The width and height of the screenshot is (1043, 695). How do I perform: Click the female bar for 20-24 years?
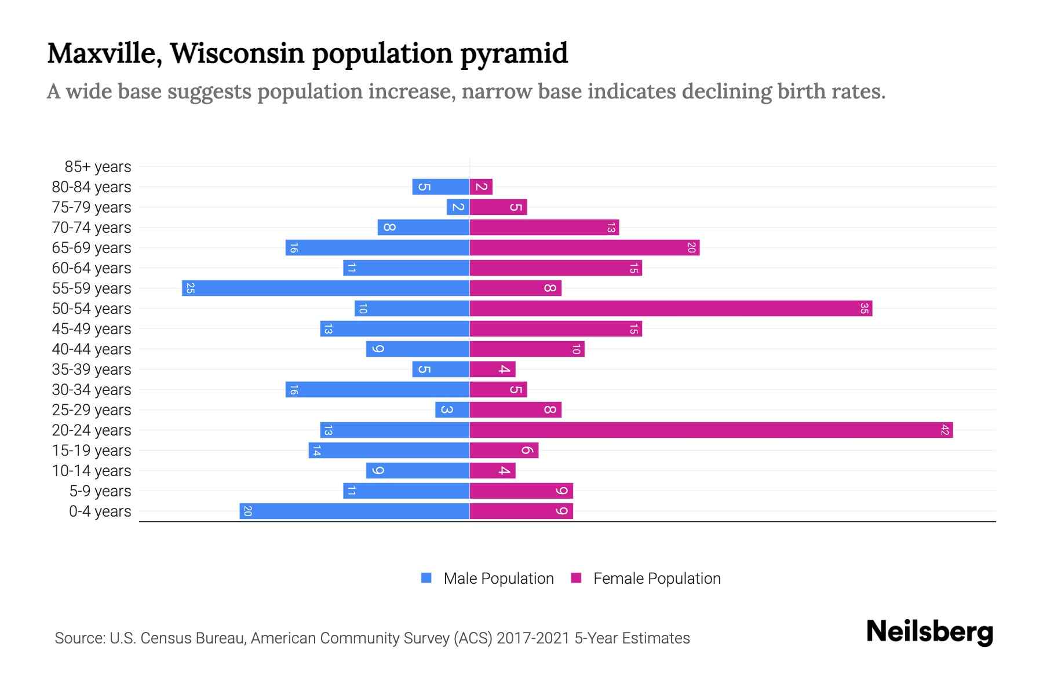tap(711, 430)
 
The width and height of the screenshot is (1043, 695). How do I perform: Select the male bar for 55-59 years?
tap(326, 288)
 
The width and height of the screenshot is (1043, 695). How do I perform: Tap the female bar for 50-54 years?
tap(670, 308)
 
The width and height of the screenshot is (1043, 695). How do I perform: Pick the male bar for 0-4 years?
tap(355, 511)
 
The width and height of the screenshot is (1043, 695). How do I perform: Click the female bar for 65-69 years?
tap(584, 247)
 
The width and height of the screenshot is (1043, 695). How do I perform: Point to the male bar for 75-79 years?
tap(458, 207)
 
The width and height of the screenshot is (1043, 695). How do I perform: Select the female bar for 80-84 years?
tap(481, 186)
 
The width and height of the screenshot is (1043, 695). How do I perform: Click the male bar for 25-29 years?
tap(452, 409)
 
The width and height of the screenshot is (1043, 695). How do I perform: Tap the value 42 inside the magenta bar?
tap(945, 430)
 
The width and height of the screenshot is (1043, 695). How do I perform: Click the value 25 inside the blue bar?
tap(190, 288)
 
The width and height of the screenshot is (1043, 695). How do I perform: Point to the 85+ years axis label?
tap(98, 167)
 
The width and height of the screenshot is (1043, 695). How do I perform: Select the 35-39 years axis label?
tap(92, 369)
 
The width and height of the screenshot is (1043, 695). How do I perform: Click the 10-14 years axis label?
tap(92, 470)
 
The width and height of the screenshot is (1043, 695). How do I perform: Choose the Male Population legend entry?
tap(498, 578)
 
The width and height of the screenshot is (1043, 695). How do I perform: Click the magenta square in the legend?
tap(576, 578)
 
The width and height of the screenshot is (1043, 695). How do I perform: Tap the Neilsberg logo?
tap(929, 631)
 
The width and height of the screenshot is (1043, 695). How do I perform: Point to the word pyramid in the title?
tap(514, 53)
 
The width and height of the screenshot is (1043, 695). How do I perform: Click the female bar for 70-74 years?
tap(544, 227)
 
